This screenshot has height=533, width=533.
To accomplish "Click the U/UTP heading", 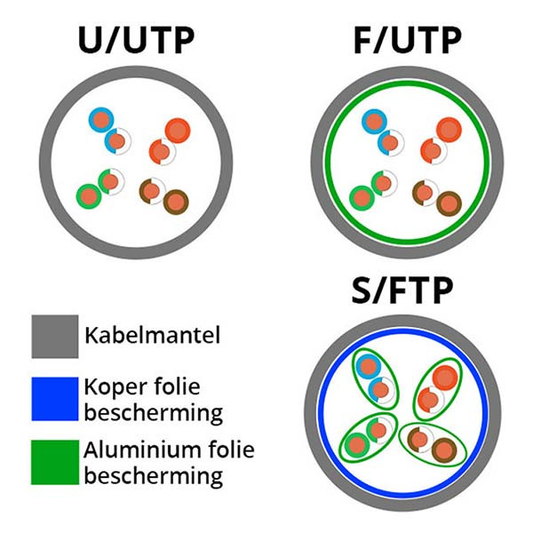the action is point(136,40).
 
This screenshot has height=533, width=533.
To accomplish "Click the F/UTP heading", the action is point(408,40).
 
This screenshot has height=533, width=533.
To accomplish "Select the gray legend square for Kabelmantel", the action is point(55,337).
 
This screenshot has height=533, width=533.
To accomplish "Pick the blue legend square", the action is point(55,399).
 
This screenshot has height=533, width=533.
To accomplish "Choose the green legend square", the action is point(55,462).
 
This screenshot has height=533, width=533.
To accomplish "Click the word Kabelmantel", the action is point(152,335).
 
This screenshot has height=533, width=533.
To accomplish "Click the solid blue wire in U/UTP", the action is point(101,120).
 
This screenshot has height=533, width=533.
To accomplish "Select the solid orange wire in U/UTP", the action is point(178,131).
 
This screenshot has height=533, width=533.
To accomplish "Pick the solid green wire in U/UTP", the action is point(89,196).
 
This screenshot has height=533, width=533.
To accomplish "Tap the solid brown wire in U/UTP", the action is point(176,202).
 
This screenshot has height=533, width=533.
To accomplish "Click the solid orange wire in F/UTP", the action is point(449,130).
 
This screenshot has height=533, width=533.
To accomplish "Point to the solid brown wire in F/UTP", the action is point(449,204).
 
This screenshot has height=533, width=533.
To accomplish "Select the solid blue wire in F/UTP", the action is point(374,122).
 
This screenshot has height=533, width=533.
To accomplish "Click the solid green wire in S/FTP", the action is point(357,445).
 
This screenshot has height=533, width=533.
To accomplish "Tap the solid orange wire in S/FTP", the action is point(445,378).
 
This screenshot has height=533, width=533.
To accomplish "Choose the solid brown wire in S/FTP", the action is point(444,450).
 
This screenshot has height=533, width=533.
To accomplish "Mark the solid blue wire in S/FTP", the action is point(368,367).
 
